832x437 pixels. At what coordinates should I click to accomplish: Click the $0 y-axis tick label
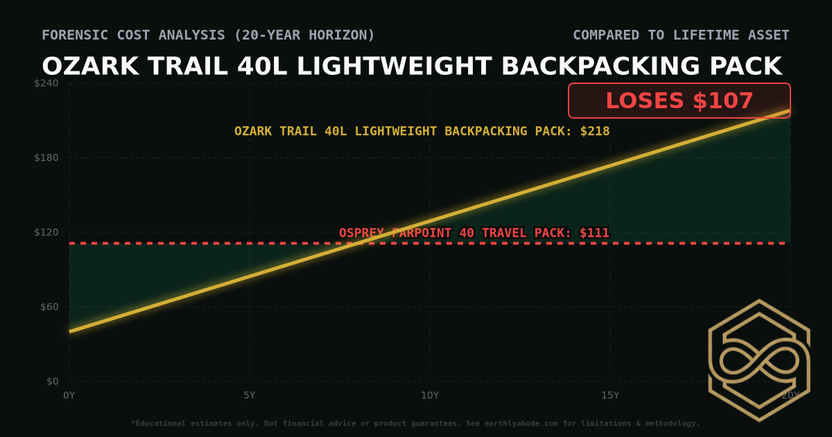(53, 382)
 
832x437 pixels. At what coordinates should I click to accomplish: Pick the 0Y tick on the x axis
(69, 395)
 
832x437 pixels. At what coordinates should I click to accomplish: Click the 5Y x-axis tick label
(250, 395)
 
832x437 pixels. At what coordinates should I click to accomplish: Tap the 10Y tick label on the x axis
(430, 395)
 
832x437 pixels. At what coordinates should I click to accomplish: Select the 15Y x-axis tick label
(610, 395)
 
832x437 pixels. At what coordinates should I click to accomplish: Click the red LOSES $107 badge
(679, 101)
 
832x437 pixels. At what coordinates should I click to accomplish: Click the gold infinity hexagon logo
(759, 361)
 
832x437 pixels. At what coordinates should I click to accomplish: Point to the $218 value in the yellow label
(595, 131)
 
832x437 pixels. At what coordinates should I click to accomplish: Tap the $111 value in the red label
(595, 233)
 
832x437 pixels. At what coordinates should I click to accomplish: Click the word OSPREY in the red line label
(361, 233)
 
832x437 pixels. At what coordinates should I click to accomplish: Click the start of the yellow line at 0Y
(70, 331)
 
